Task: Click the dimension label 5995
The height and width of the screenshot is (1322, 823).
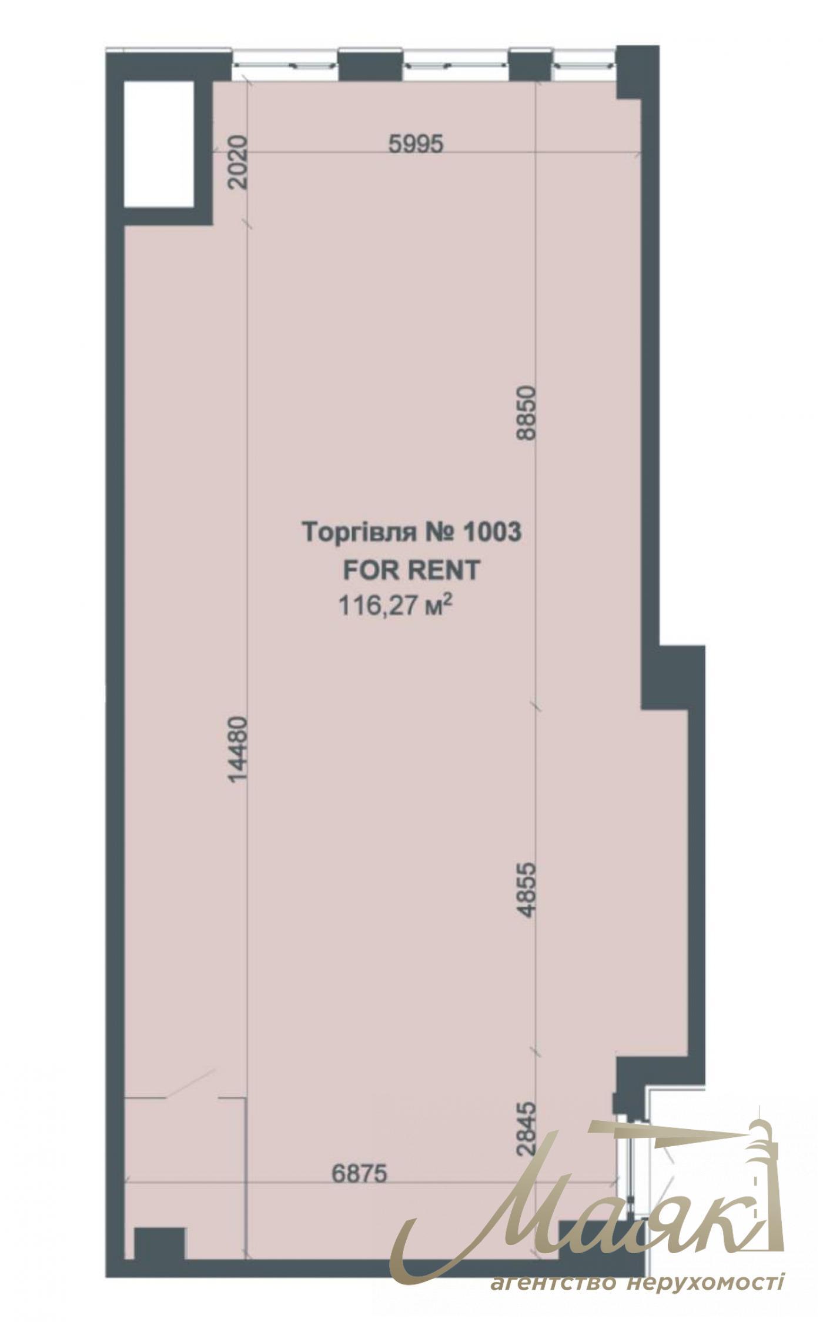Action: (416, 143)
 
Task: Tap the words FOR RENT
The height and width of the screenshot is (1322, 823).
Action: (411, 569)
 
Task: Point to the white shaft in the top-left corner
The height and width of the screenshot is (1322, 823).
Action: (159, 143)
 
